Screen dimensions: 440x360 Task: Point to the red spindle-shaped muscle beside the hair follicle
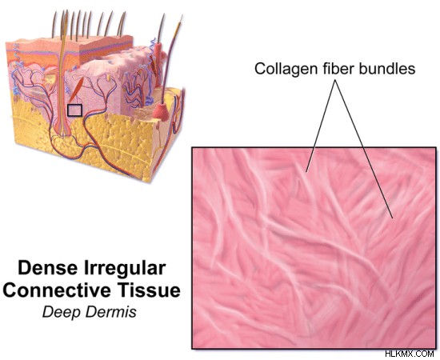[76, 89]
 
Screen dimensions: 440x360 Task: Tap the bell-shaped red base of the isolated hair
[161, 111]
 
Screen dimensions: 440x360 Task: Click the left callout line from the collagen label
[321, 126]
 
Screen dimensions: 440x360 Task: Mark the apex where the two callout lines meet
[335, 80]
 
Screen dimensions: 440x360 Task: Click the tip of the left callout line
[306, 171]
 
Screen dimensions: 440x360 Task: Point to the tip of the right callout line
[393, 218]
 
